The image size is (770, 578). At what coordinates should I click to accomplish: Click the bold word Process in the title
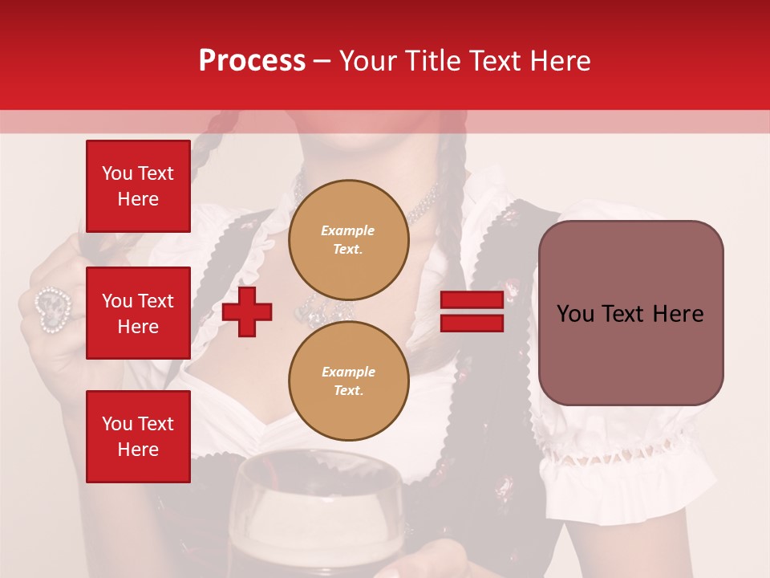[x=252, y=61]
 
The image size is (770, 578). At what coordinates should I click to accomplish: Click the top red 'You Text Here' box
[x=138, y=186]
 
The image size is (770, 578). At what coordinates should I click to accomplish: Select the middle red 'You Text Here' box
[x=138, y=313]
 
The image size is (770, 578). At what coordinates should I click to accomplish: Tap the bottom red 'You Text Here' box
[x=138, y=436]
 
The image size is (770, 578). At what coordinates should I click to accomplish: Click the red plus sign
[x=247, y=311]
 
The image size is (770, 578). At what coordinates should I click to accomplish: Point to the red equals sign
[x=472, y=311]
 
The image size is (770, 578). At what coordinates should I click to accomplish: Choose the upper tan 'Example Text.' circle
[x=348, y=239]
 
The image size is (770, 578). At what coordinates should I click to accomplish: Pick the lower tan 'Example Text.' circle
[x=348, y=381]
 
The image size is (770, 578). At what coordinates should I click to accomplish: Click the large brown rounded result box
[x=630, y=313]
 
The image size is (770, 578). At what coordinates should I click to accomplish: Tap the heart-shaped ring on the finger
[x=54, y=309]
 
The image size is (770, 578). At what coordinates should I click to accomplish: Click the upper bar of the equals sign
[x=472, y=300]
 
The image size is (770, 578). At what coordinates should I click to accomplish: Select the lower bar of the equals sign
[x=472, y=323]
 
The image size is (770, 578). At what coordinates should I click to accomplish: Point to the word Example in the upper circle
[x=348, y=230]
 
